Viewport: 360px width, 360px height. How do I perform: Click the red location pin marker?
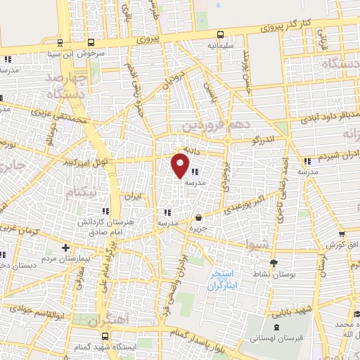[x=180, y=166]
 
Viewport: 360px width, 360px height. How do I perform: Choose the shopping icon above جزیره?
[x=199, y=217]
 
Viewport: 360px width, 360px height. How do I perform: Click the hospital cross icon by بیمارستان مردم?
[x=65, y=247]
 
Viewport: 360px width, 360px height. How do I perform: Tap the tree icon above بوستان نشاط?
[x=274, y=262]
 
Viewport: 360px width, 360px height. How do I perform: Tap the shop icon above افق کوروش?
[x=341, y=234]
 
